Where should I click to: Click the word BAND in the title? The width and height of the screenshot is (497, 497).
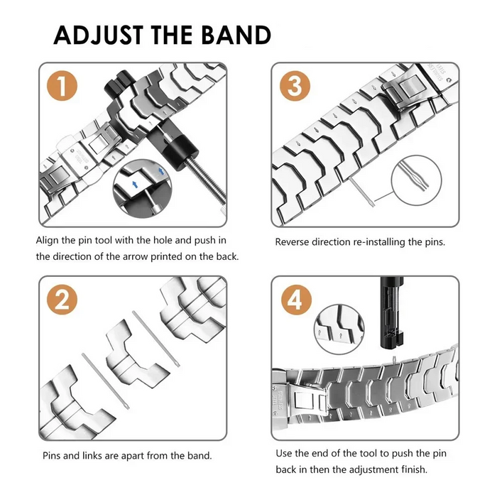coord(234,35)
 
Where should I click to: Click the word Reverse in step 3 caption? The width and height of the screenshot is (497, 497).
coord(293,242)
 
